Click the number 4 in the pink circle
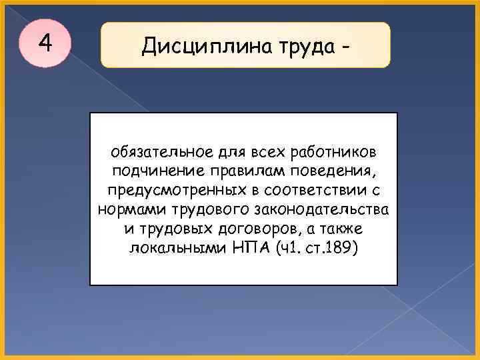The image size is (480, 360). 45,43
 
